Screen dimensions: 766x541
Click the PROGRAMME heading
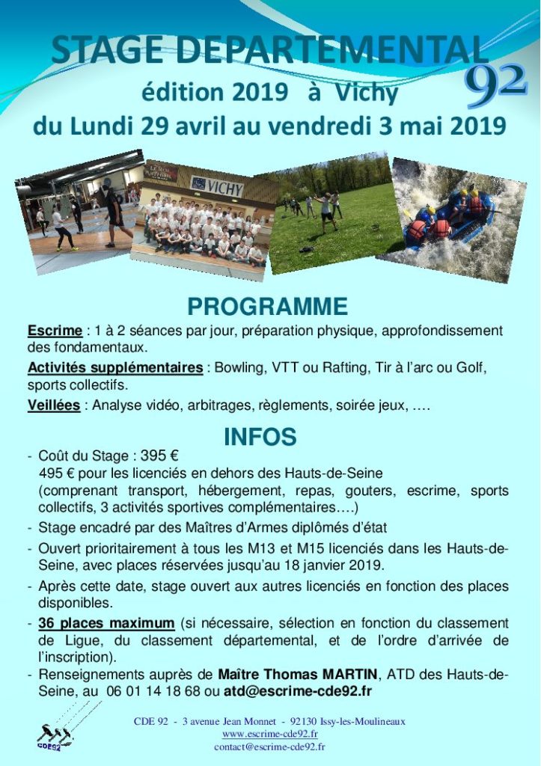pyautogui.click(x=267, y=307)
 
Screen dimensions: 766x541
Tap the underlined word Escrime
pyautogui.click(x=54, y=331)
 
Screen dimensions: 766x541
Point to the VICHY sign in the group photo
pyautogui.click(x=217, y=186)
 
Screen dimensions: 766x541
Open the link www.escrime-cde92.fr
pyautogui.click(x=264, y=734)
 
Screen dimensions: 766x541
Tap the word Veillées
pyautogui.click(x=54, y=405)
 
